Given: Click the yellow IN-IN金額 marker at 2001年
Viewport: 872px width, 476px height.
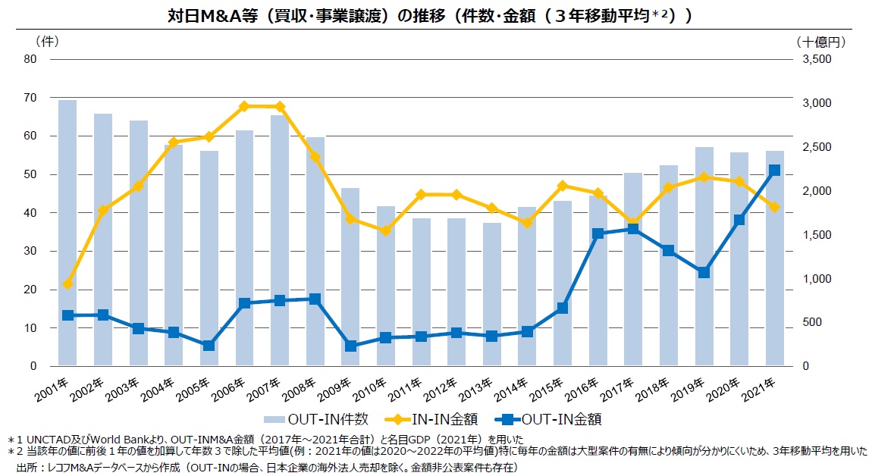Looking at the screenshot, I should [x=67, y=283].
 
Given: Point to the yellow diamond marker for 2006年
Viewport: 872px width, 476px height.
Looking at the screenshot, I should [x=244, y=106].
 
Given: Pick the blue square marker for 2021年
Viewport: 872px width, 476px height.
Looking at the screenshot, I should [x=774, y=171].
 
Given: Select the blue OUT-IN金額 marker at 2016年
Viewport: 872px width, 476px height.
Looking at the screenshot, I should [x=598, y=233].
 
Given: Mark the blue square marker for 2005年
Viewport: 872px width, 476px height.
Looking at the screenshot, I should [x=209, y=346].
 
